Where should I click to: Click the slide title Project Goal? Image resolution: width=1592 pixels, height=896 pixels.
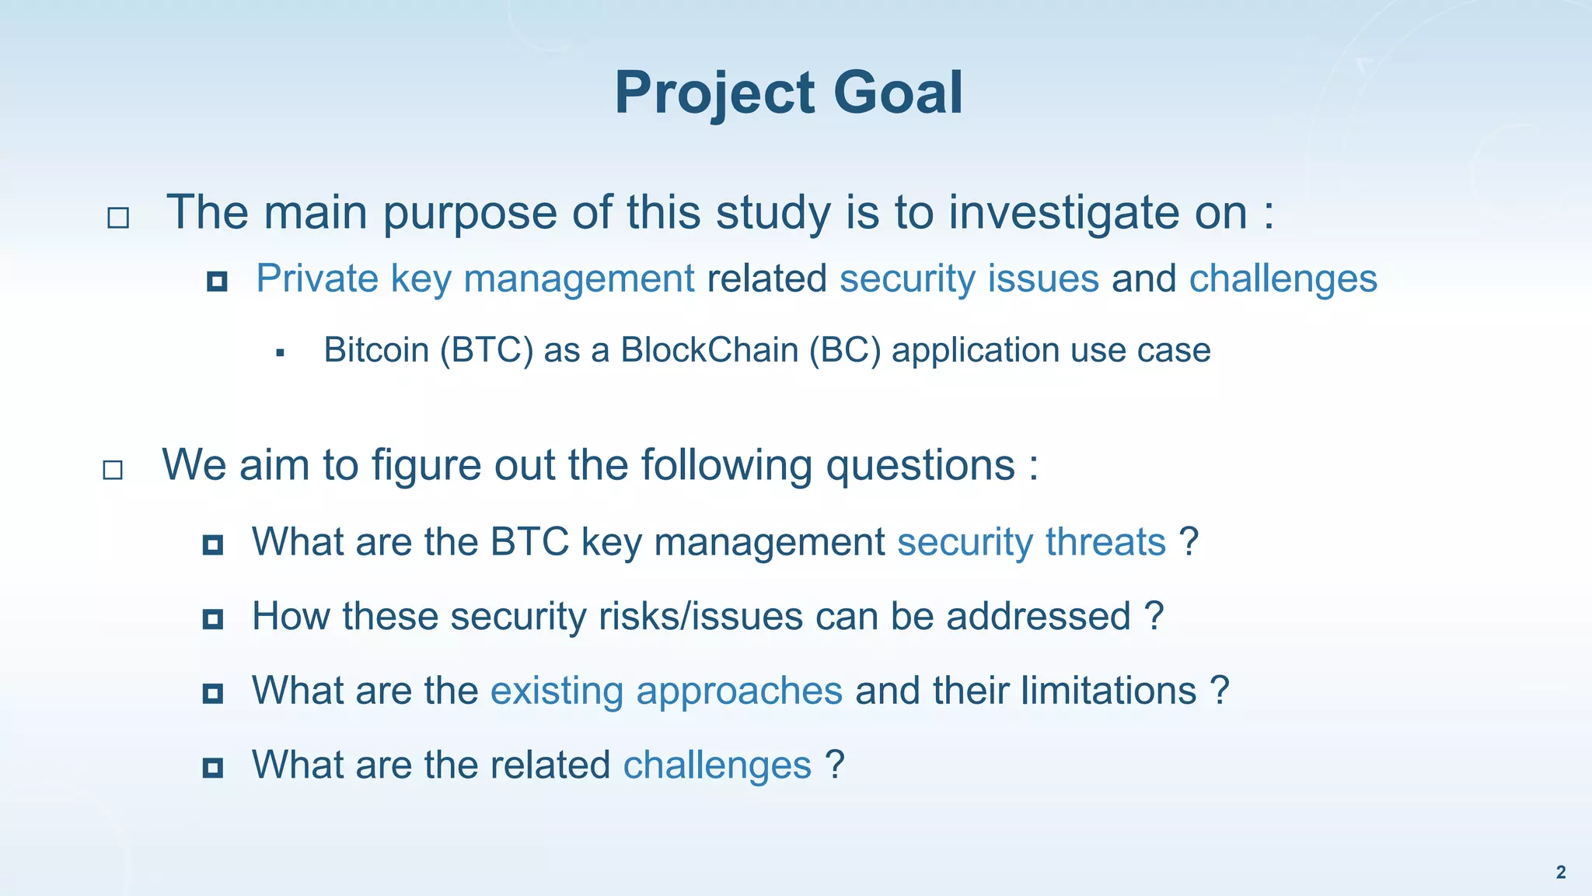(x=788, y=93)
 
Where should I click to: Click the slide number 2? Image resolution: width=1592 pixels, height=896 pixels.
(x=1560, y=872)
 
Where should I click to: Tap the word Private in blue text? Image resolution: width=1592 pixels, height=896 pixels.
(x=318, y=278)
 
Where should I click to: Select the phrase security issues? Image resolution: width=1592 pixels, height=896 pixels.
(x=969, y=278)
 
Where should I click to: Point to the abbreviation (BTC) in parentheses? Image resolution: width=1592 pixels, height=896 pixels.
(x=487, y=350)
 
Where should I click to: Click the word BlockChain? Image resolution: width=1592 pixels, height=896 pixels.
(x=709, y=350)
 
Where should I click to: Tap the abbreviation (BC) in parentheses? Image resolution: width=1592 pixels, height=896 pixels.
(x=845, y=350)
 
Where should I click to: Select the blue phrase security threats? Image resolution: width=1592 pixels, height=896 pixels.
(x=1032, y=541)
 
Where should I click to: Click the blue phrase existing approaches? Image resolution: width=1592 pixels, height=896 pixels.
(x=666, y=691)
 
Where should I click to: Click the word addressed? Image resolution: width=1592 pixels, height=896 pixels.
(x=1038, y=616)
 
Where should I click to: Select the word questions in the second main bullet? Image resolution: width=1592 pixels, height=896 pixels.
(x=920, y=465)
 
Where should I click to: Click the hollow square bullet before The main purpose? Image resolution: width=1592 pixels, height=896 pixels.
(x=118, y=218)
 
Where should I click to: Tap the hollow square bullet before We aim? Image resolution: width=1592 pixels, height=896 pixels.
(x=113, y=470)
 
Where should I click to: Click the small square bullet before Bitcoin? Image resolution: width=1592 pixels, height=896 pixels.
(x=281, y=354)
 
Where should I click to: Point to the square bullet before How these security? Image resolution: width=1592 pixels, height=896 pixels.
(x=212, y=620)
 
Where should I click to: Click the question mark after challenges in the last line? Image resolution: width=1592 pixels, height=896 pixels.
(x=835, y=765)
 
